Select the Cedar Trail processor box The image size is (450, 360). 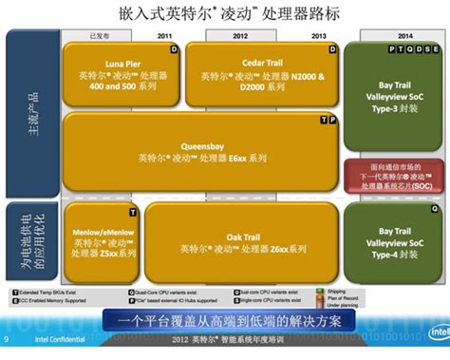tap(260, 68)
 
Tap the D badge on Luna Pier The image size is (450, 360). tap(173, 47)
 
